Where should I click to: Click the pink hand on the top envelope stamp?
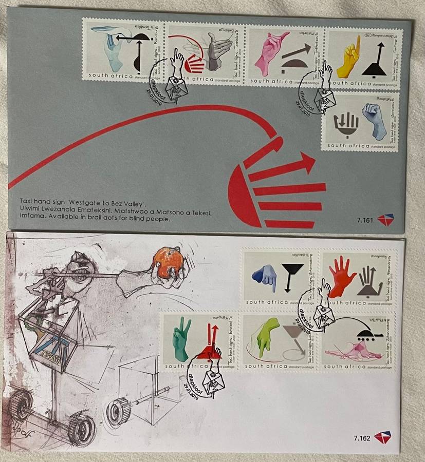[x=266, y=51]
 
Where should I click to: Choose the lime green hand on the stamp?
[x=267, y=335]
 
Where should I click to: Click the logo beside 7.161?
[x=385, y=220]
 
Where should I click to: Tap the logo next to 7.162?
[x=382, y=438]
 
